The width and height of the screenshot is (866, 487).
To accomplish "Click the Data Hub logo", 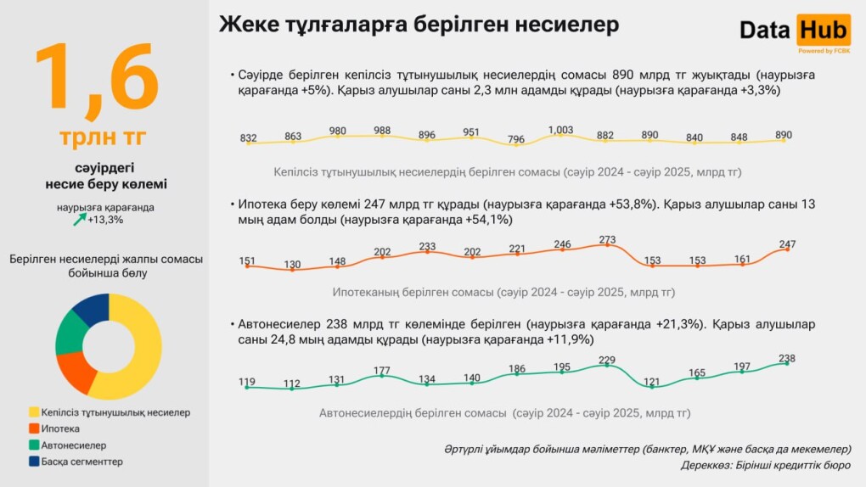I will click(794, 31).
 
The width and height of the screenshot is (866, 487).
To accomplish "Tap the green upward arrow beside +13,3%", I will click(79, 220).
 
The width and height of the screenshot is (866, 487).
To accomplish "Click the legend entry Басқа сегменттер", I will click(82, 462).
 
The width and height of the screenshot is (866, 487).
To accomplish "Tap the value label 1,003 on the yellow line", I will click(560, 130).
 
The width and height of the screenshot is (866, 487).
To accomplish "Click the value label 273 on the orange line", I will click(607, 240).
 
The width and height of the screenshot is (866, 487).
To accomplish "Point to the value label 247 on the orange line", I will click(787, 244).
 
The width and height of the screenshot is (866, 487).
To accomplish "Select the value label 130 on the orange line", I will click(292, 264).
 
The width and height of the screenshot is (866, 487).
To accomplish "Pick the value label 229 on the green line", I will click(607, 361).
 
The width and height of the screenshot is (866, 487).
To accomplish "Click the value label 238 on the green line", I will click(787, 358).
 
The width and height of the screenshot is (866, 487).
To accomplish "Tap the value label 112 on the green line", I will click(292, 383).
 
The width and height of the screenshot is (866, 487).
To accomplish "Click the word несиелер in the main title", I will click(566, 25).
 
